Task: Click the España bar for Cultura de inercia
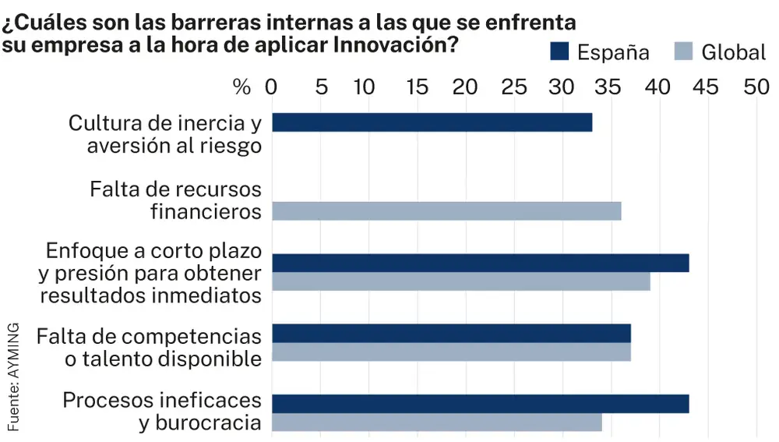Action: pos(432,122)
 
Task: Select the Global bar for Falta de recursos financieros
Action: pos(446,210)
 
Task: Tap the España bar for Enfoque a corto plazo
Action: pos(481,263)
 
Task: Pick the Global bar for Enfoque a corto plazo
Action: pos(461,281)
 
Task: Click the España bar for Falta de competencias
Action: pos(452,334)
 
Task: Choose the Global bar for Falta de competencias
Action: pos(452,352)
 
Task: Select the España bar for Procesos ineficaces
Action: pos(481,404)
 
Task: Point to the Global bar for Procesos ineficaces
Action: pos(437,422)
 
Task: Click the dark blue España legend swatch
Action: pos(559,51)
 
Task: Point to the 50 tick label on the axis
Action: pos(756,87)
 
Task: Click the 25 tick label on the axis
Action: pos(514,87)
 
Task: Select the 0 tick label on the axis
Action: pos(271,87)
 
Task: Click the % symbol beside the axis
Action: pos(242,87)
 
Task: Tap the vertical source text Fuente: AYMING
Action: pos(14,375)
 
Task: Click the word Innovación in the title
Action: pos(394,44)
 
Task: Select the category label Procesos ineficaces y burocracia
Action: pos(161,412)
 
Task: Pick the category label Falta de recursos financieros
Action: pos(175,200)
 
